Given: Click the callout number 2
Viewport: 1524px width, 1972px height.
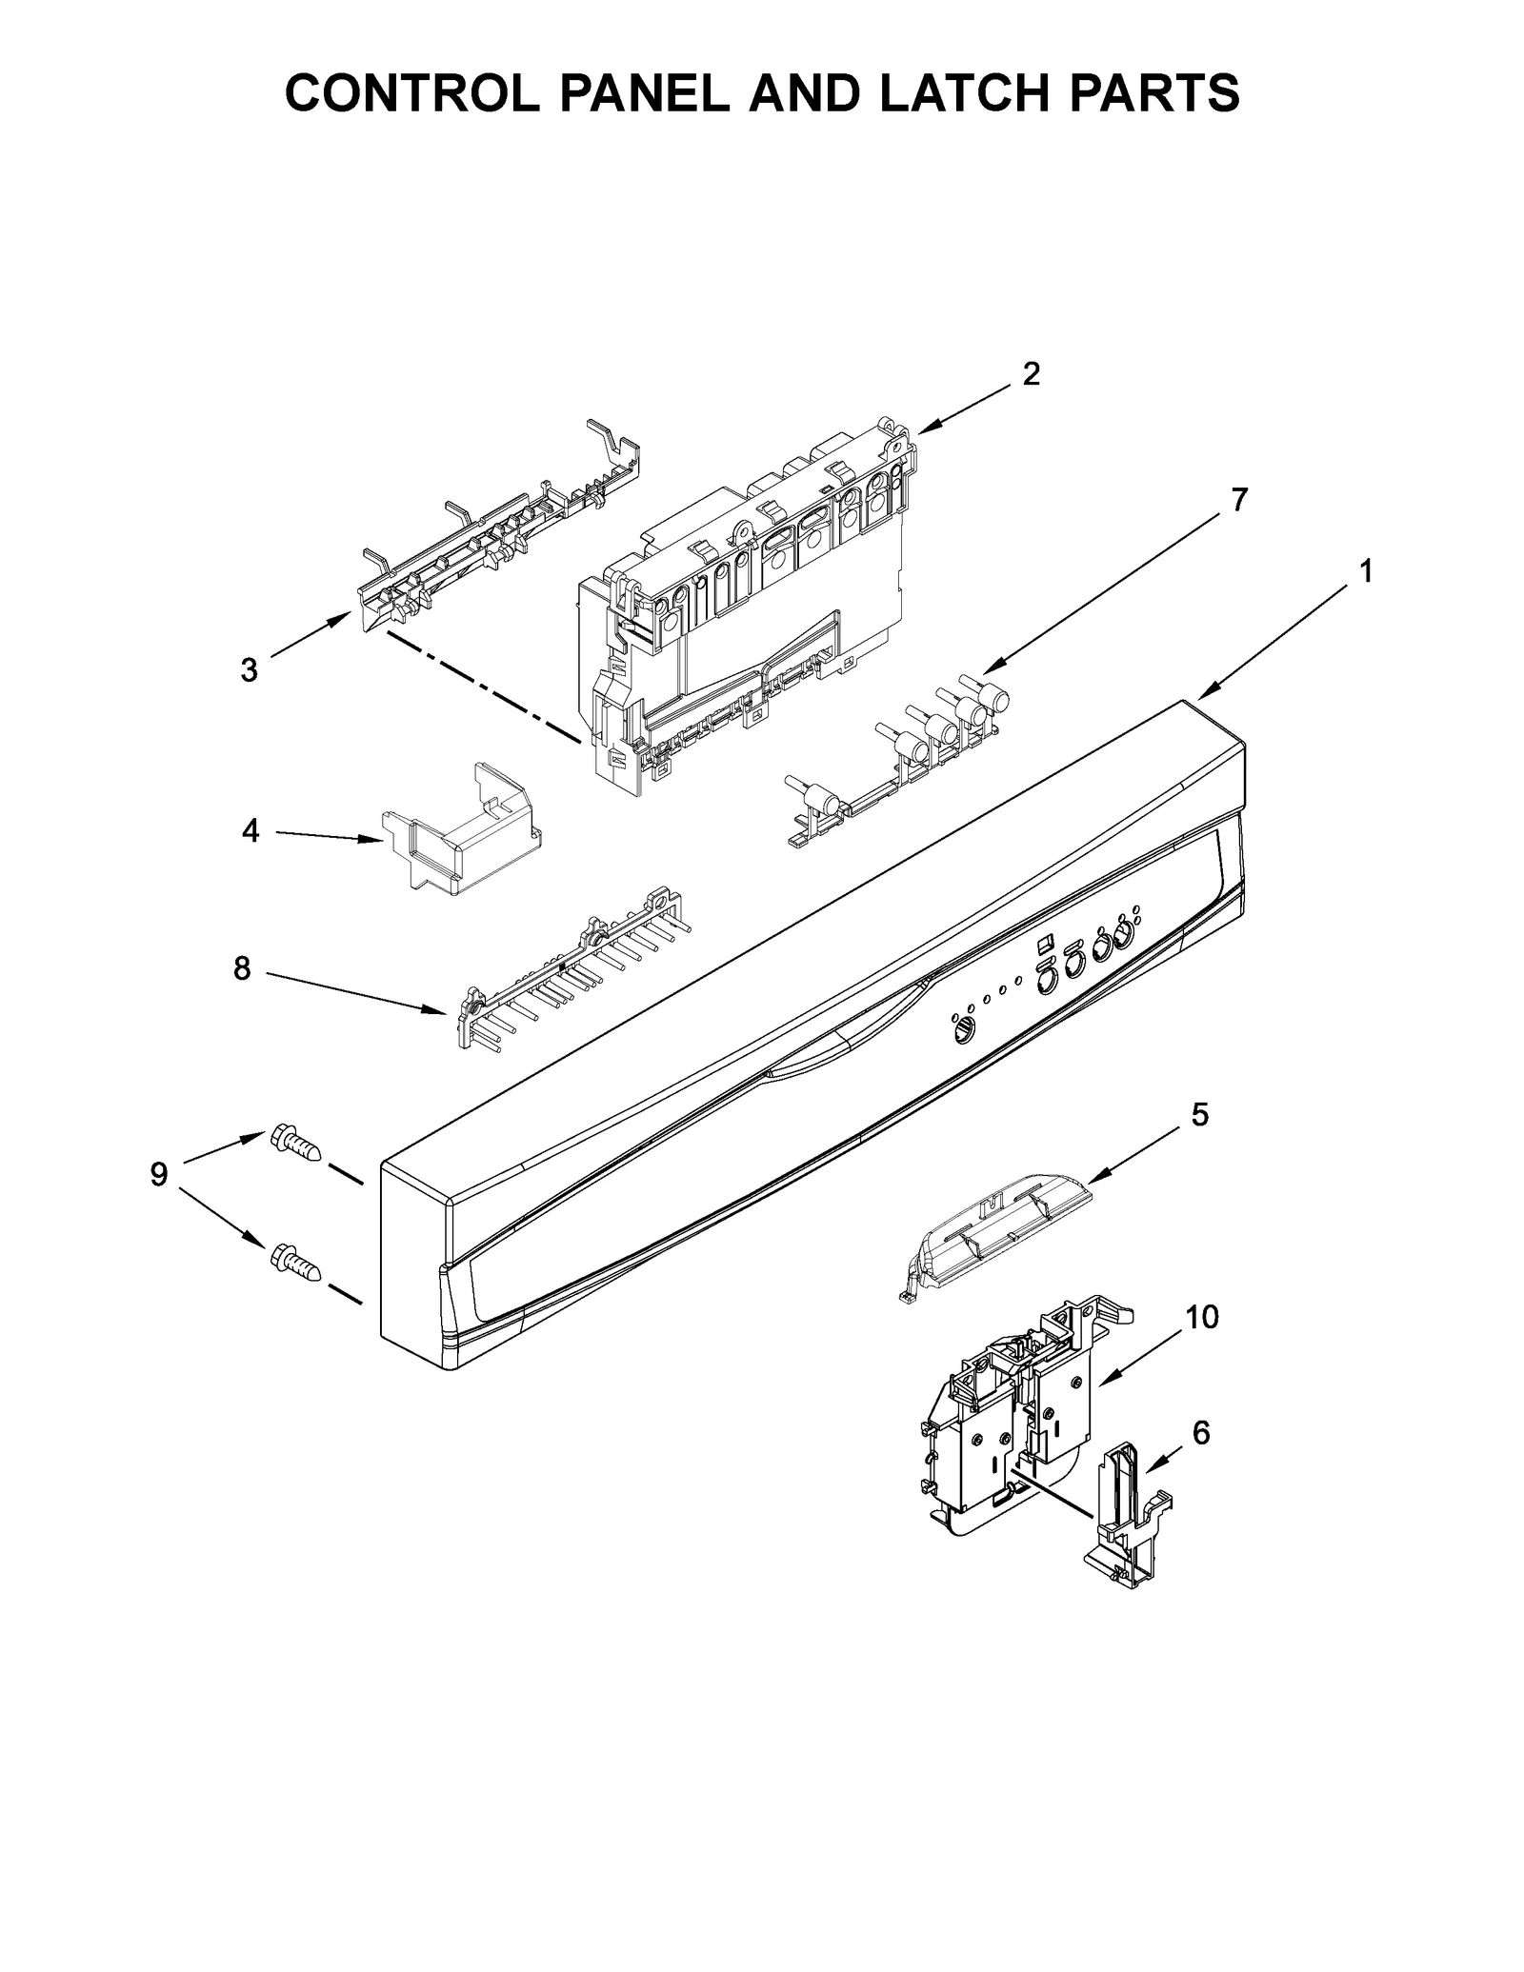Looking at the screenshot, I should [x=1031, y=374].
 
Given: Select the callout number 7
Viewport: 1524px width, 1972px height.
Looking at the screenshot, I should [x=1238, y=500].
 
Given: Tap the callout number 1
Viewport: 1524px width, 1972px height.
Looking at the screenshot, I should [x=1365, y=572].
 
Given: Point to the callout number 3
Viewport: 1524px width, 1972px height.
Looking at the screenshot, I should [x=249, y=670].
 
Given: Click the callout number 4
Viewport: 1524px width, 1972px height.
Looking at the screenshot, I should [x=250, y=831].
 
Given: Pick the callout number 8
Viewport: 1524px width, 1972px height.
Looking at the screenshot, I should [x=242, y=969].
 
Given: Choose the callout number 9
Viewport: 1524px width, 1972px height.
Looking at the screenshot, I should [x=158, y=1174].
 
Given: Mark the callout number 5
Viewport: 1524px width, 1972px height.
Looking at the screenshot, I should [x=1199, y=1114].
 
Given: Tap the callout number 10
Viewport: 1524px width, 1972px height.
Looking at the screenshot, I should [x=1201, y=1318].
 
